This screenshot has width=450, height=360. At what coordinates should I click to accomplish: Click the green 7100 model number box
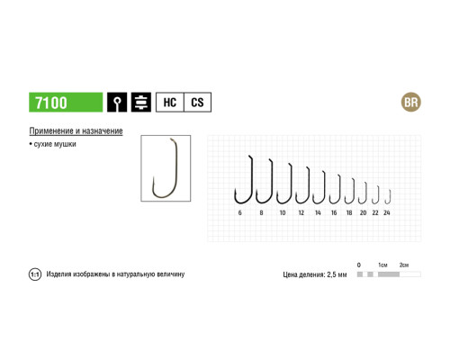(x=66, y=103)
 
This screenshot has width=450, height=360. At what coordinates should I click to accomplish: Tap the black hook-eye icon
(x=117, y=103)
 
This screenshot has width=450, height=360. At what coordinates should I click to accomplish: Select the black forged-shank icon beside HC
(x=141, y=103)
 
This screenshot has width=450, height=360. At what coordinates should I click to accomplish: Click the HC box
(x=170, y=103)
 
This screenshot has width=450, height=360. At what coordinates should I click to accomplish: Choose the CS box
(x=197, y=103)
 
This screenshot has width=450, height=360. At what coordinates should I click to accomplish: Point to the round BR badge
(x=411, y=103)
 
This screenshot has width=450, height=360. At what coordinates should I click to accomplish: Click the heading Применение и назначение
(x=76, y=131)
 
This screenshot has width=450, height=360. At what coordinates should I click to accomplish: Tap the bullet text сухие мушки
(x=53, y=144)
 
